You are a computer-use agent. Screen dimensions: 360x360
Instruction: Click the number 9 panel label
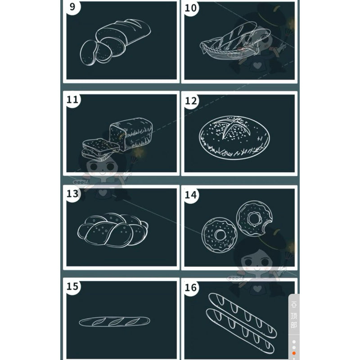72,6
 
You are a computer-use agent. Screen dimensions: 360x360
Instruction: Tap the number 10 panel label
191,8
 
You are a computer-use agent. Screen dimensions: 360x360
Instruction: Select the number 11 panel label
72,99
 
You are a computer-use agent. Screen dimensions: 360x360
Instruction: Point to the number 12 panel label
191,101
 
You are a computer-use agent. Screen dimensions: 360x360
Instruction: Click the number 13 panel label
72,193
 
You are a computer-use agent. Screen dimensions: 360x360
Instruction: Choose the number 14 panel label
191,195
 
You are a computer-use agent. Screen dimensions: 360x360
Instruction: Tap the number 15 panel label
72,286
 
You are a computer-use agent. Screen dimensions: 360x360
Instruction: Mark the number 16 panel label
191,288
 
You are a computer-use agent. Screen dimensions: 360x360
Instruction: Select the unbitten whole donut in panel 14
219,234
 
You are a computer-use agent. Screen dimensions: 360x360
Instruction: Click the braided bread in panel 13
113,230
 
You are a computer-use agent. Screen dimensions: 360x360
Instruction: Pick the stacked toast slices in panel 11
100,149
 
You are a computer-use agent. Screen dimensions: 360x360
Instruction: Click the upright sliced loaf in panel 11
131,134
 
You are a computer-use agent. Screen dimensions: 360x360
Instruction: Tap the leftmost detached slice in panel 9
88,53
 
